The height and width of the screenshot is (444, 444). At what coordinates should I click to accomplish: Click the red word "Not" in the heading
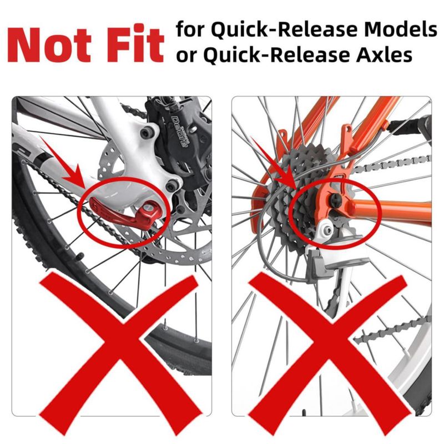coord(49,45)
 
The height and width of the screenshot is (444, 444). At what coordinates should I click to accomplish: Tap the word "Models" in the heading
coord(400,29)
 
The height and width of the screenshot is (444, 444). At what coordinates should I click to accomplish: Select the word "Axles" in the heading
coord(384,54)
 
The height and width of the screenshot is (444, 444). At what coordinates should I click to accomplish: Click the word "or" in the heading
coord(186,57)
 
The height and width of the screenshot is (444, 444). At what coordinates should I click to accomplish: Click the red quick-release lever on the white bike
coord(124,213)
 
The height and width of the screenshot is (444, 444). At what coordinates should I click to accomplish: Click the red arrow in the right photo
coord(274,164)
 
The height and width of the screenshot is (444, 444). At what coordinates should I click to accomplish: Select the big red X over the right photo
coord(329,354)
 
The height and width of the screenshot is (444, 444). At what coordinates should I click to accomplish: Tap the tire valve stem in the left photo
coord(79,256)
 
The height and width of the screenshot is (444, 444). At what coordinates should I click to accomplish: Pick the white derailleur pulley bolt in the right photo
coord(329,230)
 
